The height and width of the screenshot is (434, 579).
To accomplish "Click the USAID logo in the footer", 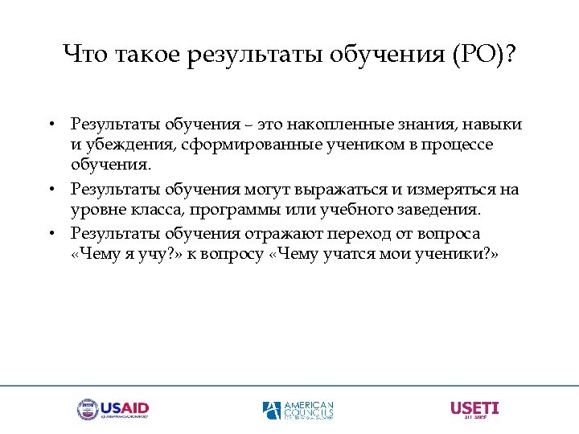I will point(113,410).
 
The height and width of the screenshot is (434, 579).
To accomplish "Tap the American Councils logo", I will point(298,410).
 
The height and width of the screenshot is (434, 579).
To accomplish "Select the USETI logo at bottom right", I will point(474,409).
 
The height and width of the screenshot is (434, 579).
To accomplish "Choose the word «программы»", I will point(255,210).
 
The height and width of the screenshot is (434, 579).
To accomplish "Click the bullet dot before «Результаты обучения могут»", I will point(51,190).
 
